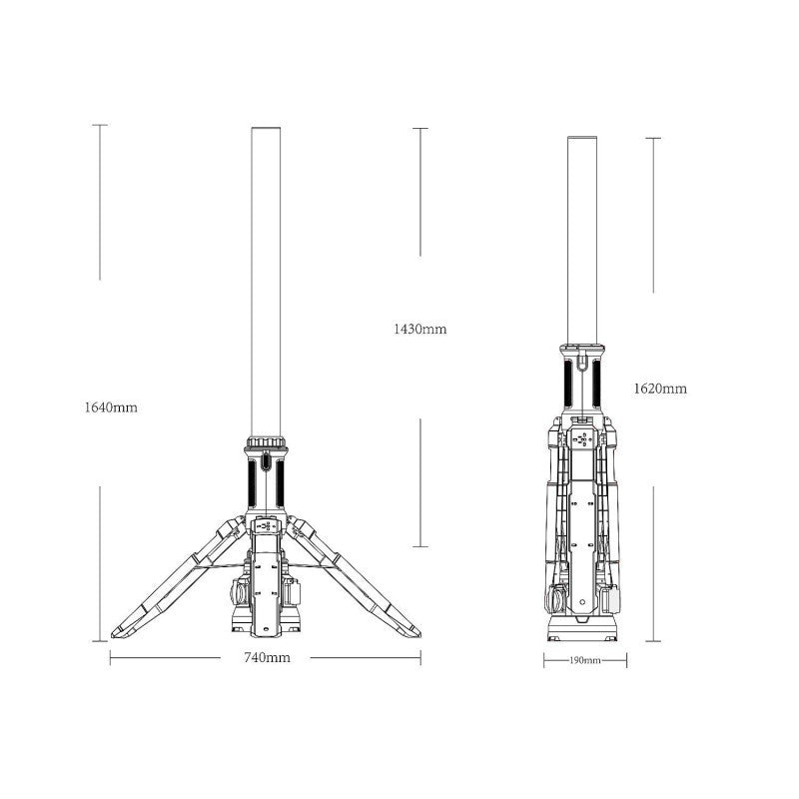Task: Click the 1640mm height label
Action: pyautogui.click(x=111, y=407)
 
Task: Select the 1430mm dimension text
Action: pyautogui.click(x=419, y=330)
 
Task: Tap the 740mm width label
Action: pyautogui.click(x=267, y=658)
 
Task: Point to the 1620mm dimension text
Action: pyautogui.click(x=660, y=389)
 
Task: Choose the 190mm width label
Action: pyautogui.click(x=585, y=661)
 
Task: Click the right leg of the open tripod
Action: pyautogui.click(x=354, y=578)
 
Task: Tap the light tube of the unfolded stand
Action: pyautogui.click(x=266, y=282)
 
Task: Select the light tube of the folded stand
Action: pyautogui.click(x=582, y=241)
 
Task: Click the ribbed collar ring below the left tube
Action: pyautogui.click(x=266, y=442)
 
